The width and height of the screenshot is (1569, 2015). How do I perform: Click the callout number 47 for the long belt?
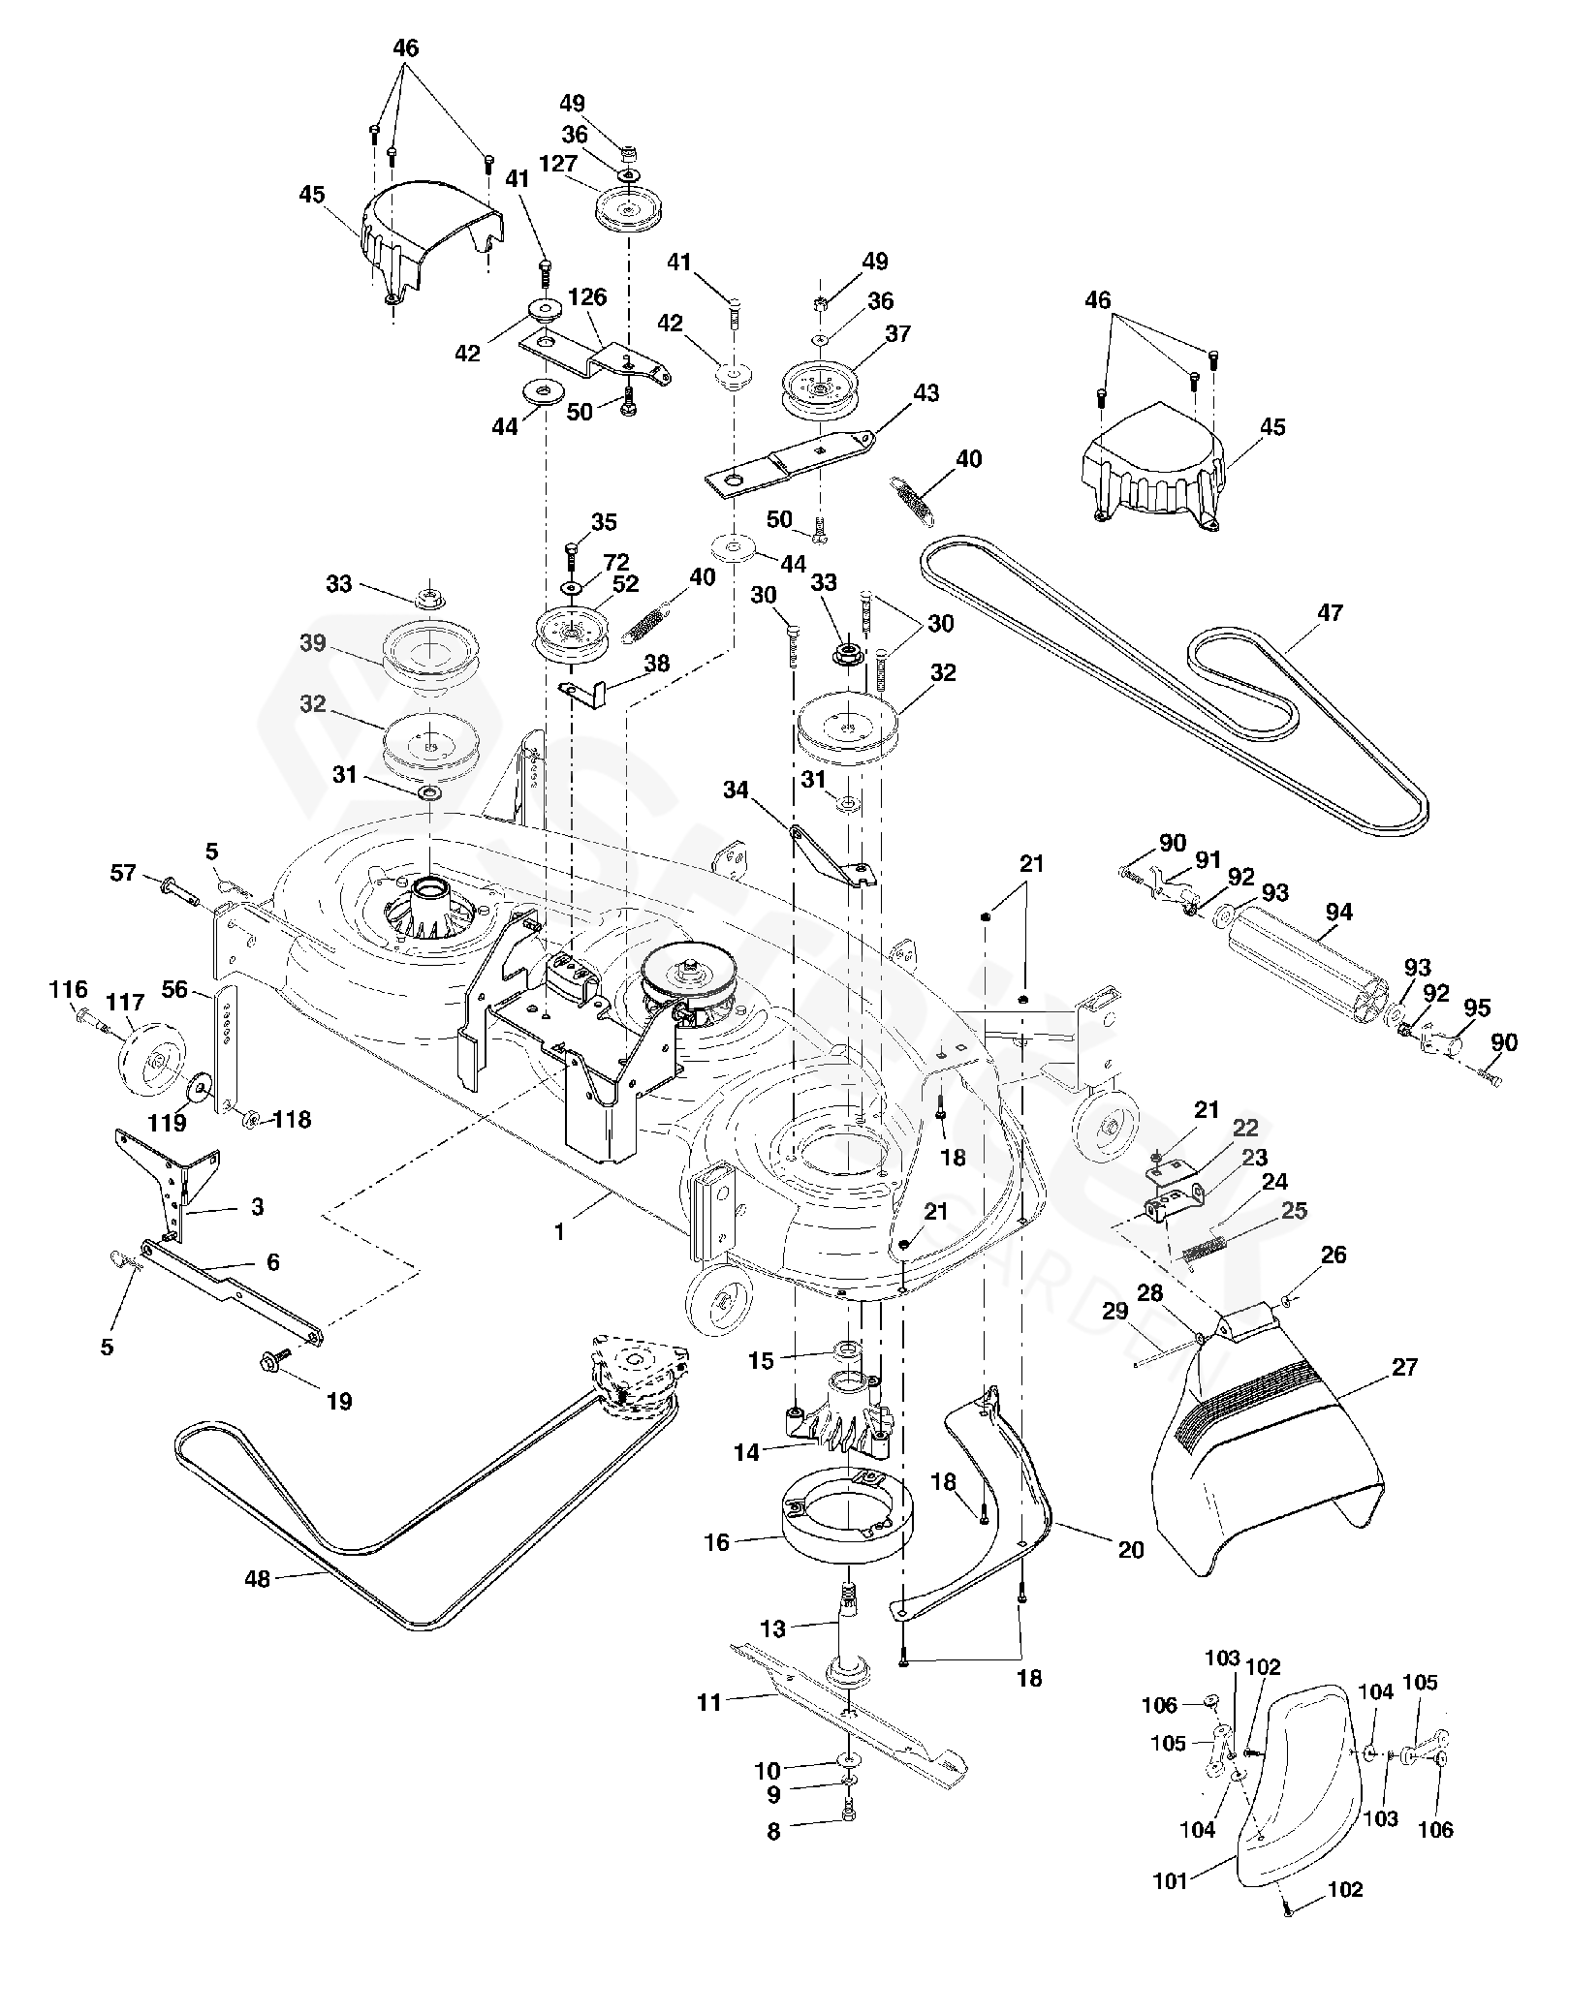pos(1330,612)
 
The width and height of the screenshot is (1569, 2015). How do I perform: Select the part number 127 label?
pos(557,164)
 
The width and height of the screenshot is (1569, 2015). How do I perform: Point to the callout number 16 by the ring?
pos(716,1541)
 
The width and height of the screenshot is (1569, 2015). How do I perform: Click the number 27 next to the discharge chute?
pos(1403,1367)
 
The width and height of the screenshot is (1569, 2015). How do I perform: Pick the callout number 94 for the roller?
pos(1339,912)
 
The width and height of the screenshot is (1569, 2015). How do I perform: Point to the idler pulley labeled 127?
pos(628,209)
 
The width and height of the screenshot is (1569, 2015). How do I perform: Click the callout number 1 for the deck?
pos(559,1233)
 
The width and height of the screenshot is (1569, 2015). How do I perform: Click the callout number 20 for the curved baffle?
pos(1131,1549)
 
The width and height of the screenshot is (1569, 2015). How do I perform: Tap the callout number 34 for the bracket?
pos(736,790)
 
